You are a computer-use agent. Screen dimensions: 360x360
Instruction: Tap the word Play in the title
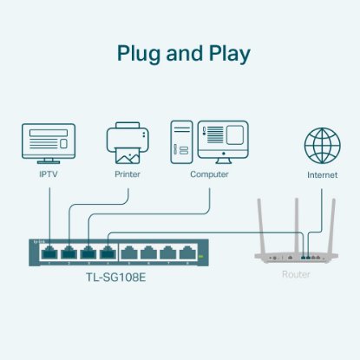[x=226, y=55]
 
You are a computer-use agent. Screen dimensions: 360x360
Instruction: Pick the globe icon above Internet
[x=322, y=143]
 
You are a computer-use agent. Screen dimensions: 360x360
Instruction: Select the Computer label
[x=209, y=174]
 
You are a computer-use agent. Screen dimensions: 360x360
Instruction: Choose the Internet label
[x=322, y=174]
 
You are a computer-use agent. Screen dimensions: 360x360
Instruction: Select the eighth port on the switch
[x=188, y=253]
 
